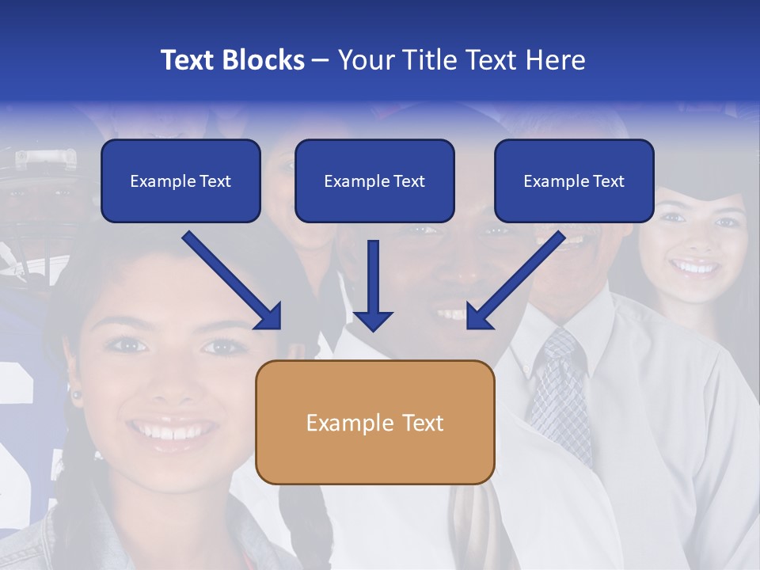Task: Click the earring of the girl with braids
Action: point(77,393)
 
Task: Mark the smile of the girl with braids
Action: point(172,432)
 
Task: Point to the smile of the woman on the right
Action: point(694,268)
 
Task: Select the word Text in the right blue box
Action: point(608,181)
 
